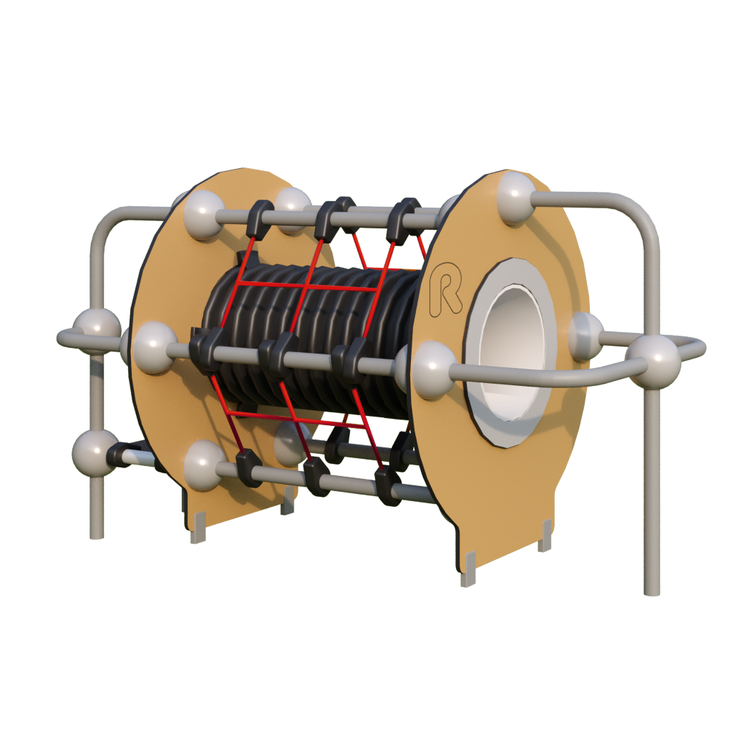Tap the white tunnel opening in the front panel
coord(513,352)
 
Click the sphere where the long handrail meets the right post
coord(654,361)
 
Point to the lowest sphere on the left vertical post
coord(94,453)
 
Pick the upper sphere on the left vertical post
coord(96,329)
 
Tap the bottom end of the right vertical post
coord(651,592)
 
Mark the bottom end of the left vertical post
coord(97,535)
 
